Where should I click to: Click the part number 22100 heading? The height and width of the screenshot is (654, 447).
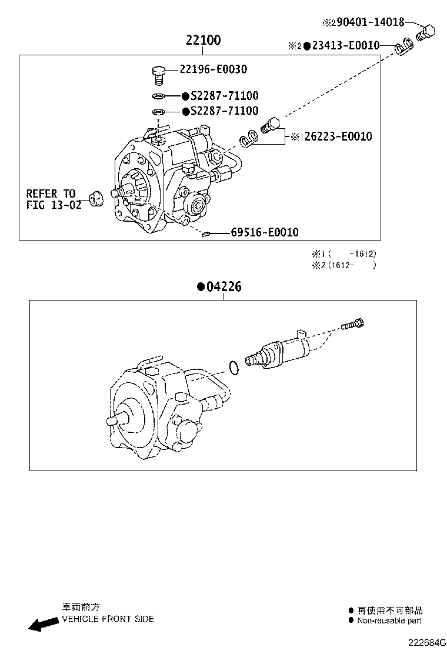[203, 41]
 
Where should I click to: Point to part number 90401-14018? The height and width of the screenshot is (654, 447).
[368, 22]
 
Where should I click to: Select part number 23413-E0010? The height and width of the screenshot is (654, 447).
[345, 45]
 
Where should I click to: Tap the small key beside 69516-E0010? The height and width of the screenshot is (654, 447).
[205, 235]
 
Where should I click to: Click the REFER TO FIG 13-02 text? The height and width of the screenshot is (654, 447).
[51, 199]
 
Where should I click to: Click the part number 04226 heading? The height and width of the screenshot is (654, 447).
[223, 287]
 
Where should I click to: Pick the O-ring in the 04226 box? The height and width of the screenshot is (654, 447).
[233, 368]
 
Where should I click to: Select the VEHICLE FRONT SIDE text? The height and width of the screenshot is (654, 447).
[108, 619]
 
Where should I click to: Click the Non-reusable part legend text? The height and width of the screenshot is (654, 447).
[389, 620]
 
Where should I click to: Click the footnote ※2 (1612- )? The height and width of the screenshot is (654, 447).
[344, 265]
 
